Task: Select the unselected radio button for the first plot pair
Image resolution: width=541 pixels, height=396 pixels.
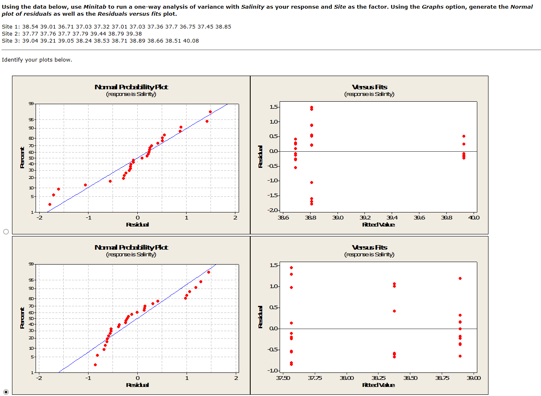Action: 6,231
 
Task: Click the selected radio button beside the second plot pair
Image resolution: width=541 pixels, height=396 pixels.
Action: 6,391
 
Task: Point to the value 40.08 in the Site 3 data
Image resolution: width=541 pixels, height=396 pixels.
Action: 191,41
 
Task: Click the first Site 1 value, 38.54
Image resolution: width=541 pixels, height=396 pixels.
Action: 30,27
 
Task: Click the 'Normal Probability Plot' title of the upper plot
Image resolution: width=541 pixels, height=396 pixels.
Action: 131,87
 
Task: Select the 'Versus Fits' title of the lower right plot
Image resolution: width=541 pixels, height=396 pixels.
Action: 369,247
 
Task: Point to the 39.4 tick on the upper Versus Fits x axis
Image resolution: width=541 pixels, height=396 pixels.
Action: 392,218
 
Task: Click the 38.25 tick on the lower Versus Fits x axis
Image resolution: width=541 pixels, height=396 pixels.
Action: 378,378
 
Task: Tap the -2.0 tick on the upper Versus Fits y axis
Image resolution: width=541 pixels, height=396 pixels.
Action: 273,210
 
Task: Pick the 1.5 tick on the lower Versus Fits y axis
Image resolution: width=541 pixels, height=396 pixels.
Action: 274,265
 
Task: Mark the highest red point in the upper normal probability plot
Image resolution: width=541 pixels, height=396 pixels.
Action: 210,112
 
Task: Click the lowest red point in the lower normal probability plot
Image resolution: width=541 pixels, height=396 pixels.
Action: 95,365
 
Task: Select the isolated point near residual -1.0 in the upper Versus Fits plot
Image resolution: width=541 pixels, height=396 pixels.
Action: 311,182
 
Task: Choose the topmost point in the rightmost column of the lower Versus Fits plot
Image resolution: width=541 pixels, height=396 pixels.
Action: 460,278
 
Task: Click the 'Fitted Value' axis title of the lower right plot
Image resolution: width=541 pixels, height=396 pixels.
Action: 378,385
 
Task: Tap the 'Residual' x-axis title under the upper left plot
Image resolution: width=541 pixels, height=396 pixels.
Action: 137,224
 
